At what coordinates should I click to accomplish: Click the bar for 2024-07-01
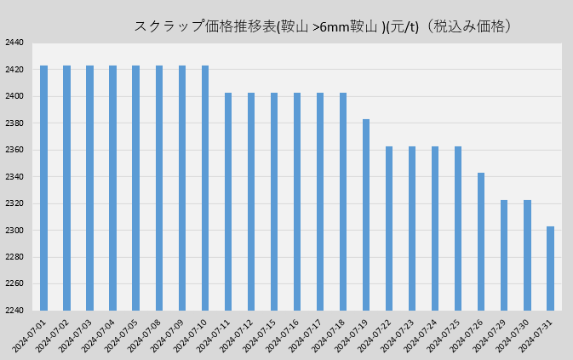tap(43, 187)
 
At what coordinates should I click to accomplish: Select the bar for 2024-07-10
tap(205, 187)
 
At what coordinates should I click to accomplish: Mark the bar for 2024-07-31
tap(550, 268)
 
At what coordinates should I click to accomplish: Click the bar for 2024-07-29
tap(504, 254)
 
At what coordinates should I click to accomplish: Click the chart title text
tap(324, 26)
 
